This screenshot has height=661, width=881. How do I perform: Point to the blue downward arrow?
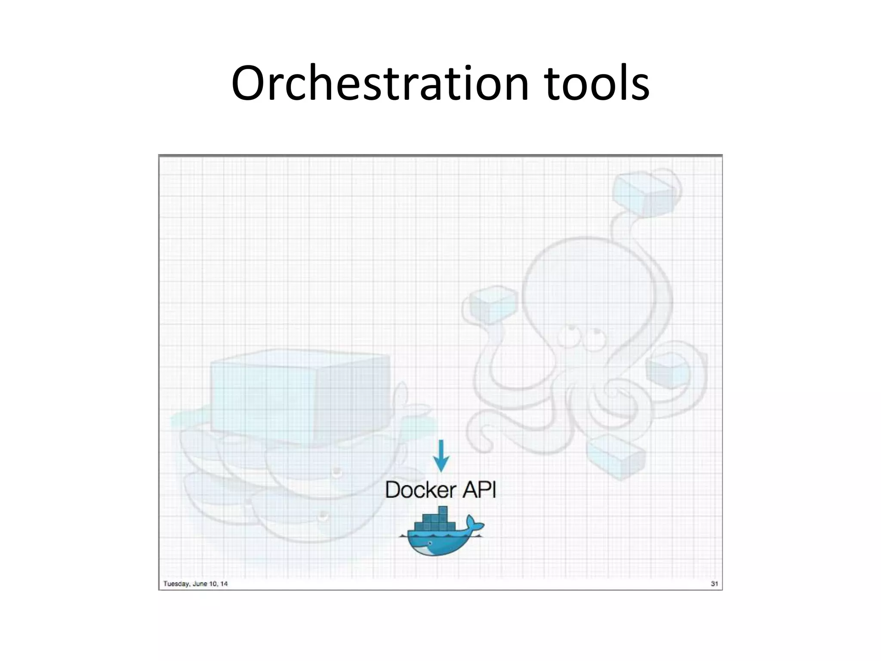pos(441,456)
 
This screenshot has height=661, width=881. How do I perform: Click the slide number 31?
pos(714,584)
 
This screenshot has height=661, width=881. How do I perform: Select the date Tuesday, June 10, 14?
pos(195,584)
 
